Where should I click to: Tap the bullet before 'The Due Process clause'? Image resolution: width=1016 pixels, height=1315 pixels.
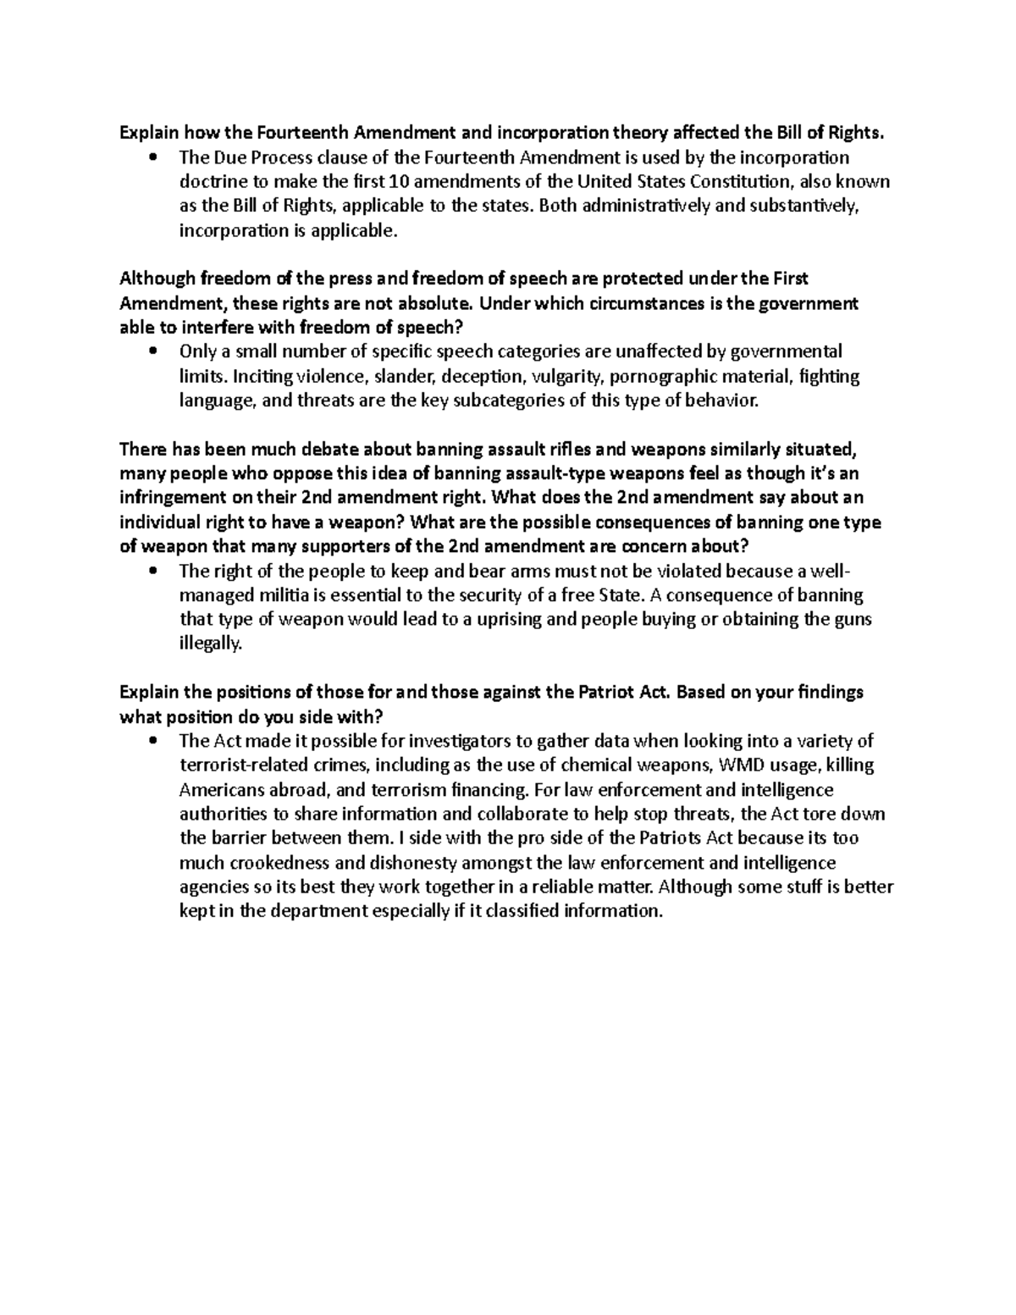pos(152,158)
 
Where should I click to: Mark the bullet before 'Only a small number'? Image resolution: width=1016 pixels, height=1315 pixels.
pos(152,352)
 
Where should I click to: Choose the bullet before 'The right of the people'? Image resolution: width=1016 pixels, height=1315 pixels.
pos(152,572)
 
